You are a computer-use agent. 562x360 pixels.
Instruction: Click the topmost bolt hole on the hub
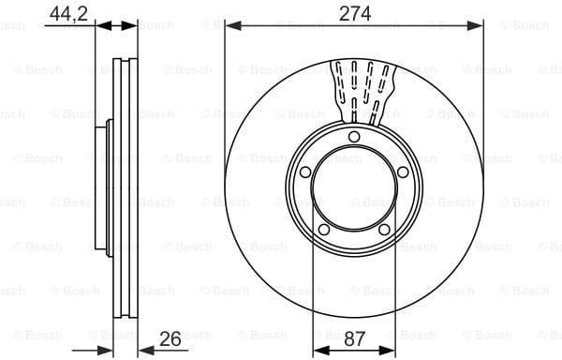354,139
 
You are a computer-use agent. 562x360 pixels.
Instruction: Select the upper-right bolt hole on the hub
403,172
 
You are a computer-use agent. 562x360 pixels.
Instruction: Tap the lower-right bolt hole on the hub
384,230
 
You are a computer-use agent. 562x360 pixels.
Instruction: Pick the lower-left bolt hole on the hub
324,230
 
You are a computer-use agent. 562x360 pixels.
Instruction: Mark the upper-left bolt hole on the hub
305,172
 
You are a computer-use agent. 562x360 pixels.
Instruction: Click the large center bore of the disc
354,191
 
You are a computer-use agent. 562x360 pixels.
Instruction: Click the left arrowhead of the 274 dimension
230,25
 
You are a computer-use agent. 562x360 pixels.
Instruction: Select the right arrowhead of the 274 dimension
479,25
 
